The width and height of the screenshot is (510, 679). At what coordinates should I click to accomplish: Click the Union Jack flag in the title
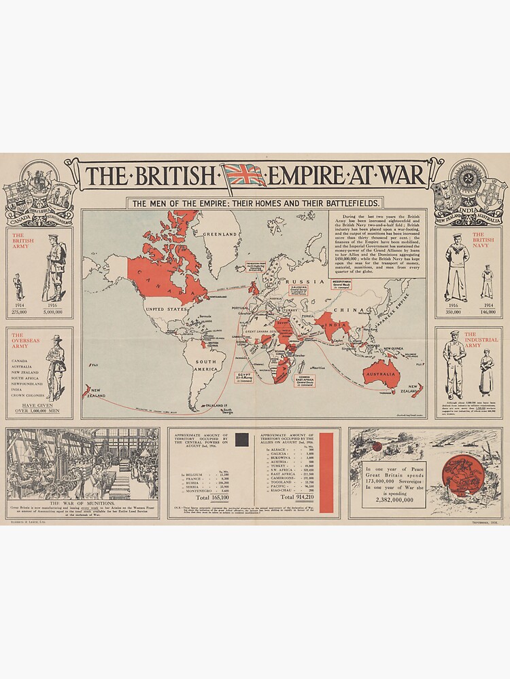tap(245, 175)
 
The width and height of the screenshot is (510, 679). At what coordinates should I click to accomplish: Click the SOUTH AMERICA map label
tap(204, 367)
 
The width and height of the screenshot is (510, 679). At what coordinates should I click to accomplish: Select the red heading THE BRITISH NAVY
tap(483, 241)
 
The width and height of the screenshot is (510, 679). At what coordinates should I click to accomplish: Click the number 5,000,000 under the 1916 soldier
tap(52, 312)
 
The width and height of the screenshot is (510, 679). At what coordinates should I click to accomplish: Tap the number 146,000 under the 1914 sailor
tap(487, 312)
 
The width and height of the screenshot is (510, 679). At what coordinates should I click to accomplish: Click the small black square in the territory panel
tap(241, 440)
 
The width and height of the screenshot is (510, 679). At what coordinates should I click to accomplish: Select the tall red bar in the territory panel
tap(327, 472)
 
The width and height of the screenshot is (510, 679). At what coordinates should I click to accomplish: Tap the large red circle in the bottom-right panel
tap(463, 474)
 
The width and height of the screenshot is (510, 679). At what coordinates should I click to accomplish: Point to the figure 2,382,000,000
tap(394, 500)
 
